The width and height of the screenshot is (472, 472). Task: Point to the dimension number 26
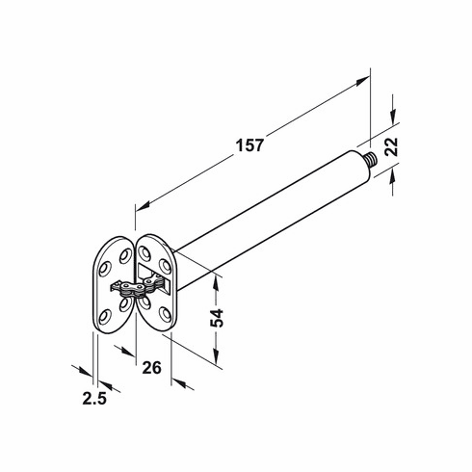pos(150,366)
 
